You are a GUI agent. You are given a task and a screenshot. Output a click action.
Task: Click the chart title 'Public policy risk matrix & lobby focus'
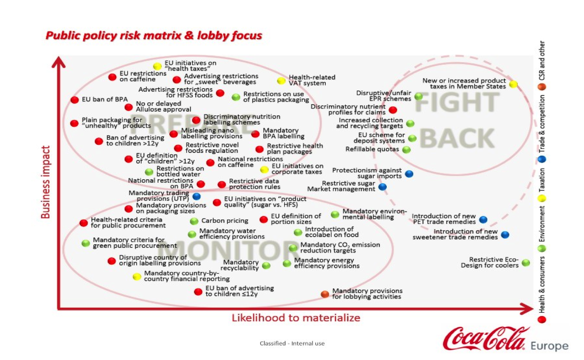pyautogui.click(x=154, y=36)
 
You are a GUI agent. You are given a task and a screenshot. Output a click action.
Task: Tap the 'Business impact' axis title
pyautogui.click(x=46, y=182)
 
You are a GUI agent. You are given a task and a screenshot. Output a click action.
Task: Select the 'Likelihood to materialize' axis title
pyautogui.click(x=296, y=318)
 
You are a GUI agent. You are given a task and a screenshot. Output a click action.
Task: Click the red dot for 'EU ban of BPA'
pyautogui.click(x=75, y=100)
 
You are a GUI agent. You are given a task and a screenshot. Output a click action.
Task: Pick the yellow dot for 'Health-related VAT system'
pyautogui.click(x=281, y=81)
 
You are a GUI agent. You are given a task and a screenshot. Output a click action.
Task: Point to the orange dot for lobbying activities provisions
pyautogui.click(x=325, y=294)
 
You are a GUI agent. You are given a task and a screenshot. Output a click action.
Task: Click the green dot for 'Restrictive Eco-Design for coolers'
pyautogui.click(x=526, y=263)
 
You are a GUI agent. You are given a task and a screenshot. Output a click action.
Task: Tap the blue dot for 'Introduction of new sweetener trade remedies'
pyautogui.click(x=505, y=235)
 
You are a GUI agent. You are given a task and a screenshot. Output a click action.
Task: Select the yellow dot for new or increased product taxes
pyautogui.click(x=513, y=84)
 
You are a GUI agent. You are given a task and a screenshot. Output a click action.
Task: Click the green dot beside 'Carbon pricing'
pyautogui.click(x=194, y=222)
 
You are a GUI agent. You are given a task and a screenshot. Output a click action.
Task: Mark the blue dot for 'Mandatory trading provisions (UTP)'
pyautogui.click(x=196, y=196)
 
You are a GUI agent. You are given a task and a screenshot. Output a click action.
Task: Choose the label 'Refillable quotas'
pyautogui.click(x=372, y=149)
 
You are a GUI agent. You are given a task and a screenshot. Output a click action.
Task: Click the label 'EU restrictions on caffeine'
pyautogui.click(x=143, y=76)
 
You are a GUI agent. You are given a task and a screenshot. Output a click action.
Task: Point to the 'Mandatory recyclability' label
pyautogui.click(x=240, y=265)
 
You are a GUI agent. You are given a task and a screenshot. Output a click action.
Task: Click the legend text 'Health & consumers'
pyautogui.click(x=542, y=285)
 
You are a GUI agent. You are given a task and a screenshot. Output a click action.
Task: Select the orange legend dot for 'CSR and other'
pyautogui.click(x=542, y=87)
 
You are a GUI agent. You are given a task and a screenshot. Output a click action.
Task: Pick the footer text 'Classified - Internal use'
pyautogui.click(x=292, y=343)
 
